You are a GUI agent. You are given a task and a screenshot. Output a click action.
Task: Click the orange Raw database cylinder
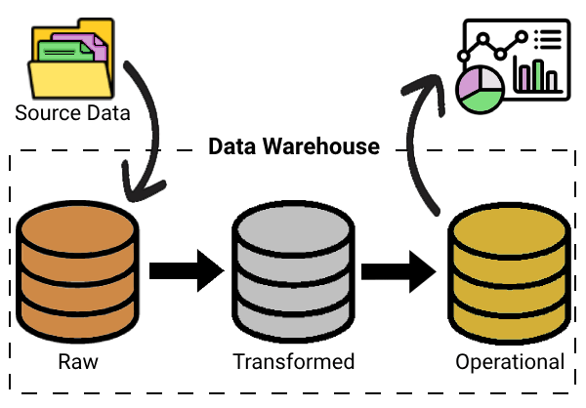pyautogui.click(x=79, y=264)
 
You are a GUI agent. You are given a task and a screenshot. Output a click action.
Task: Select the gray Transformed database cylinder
pyautogui.click(x=293, y=265)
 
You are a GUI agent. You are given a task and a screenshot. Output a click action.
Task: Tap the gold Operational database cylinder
pyautogui.click(x=508, y=265)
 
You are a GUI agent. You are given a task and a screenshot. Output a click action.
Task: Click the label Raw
pyautogui.click(x=78, y=362)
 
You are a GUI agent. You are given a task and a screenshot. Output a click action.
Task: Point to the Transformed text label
pyautogui.click(x=293, y=362)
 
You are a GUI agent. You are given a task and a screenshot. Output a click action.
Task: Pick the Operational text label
pyautogui.click(x=509, y=362)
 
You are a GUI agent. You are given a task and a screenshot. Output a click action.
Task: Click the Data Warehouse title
pyautogui.click(x=293, y=147)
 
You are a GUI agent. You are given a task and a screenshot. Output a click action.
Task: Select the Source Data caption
pyautogui.click(x=72, y=112)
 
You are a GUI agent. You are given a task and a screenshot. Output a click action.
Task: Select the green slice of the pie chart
pyautogui.click(x=482, y=101)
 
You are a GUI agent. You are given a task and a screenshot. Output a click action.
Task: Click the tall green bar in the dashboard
pyautogui.click(x=536, y=74)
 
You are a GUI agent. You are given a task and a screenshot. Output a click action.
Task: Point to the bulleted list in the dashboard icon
pyautogui.click(x=548, y=39)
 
